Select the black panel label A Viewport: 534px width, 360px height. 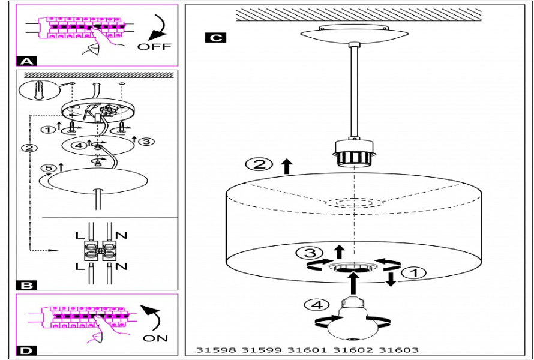(28, 61)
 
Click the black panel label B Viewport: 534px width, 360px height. (28, 285)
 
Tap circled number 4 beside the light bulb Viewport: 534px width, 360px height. (313, 304)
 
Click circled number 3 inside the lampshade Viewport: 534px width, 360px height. (317, 253)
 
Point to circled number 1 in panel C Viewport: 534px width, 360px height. (415, 273)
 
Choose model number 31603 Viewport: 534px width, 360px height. (399, 350)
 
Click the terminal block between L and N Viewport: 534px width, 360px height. (100, 249)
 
